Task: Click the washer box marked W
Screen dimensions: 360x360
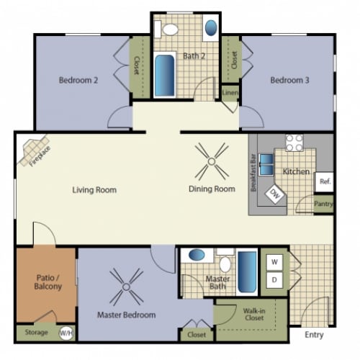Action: (x=274, y=262)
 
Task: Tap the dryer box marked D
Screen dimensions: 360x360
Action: (x=274, y=280)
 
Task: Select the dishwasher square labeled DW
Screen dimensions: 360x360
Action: (x=276, y=194)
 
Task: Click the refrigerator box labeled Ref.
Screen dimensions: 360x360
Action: (x=324, y=181)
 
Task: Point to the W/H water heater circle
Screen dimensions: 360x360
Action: (x=66, y=333)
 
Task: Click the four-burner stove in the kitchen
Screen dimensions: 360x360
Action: (x=294, y=143)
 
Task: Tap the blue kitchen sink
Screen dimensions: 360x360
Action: (x=266, y=164)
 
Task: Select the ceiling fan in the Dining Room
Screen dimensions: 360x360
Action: (x=212, y=161)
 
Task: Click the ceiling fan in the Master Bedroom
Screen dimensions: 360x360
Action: (x=126, y=287)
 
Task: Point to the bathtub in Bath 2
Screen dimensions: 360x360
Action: (x=164, y=76)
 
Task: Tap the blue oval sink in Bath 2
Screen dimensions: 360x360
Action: (x=211, y=28)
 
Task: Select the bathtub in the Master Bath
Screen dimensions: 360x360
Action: (x=247, y=272)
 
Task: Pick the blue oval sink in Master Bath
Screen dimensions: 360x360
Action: (x=197, y=255)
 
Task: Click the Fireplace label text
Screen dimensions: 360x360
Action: (x=40, y=156)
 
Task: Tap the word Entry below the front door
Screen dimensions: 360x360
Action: (x=314, y=335)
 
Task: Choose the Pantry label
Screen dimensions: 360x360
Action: (x=323, y=204)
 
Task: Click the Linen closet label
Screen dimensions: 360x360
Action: (x=230, y=92)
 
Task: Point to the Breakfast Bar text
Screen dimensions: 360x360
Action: (x=253, y=172)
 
